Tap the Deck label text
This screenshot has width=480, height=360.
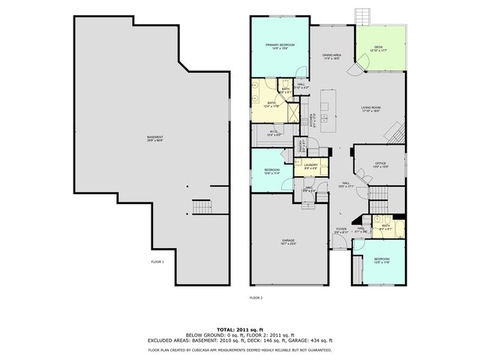378,47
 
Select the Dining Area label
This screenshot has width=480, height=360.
332,55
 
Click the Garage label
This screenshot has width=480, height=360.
289,241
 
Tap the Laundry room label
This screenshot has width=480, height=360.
310,165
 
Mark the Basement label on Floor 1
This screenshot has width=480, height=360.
155,136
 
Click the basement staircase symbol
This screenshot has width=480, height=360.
202,207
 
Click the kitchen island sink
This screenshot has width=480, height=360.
324,118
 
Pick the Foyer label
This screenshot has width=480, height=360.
341,229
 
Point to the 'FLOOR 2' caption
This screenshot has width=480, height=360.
256,298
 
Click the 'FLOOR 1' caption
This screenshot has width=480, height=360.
157,262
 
